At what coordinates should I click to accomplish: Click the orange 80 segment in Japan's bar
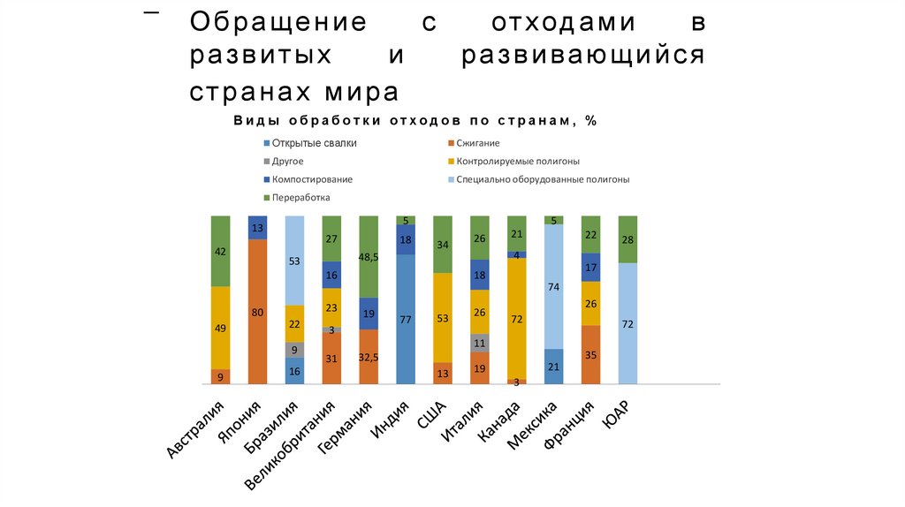257,311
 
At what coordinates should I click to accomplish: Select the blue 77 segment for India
406,319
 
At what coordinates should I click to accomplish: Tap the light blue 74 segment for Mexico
553,286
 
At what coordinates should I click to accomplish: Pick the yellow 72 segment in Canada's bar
516,318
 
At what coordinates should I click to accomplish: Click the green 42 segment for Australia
220,251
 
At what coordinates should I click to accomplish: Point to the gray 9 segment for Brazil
294,349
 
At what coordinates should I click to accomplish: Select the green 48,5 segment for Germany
369,256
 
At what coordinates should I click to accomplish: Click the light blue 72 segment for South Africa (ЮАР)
627,323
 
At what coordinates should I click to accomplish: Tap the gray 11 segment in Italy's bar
479,343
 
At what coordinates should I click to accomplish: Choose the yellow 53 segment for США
443,317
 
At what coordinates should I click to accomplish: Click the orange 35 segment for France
590,354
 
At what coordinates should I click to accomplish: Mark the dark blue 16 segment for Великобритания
331,275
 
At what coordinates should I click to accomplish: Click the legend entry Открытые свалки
314,143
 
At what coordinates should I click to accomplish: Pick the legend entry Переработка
300,198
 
